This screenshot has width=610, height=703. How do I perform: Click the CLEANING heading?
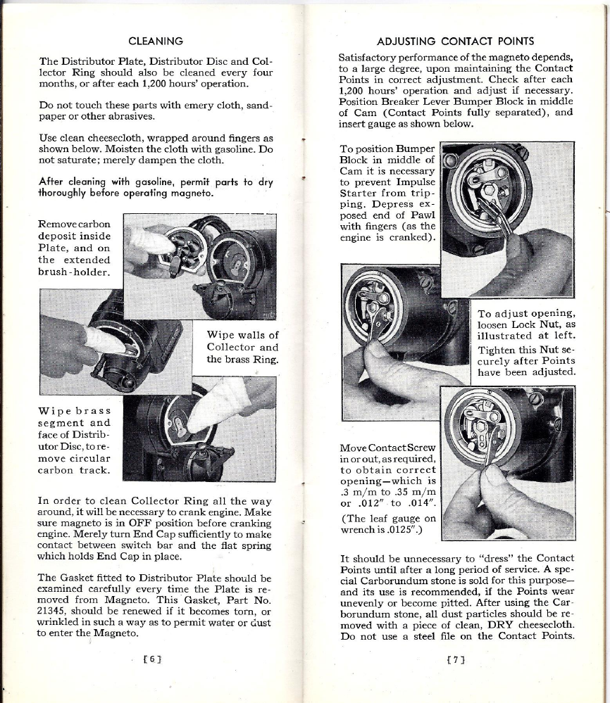pyautogui.click(x=156, y=42)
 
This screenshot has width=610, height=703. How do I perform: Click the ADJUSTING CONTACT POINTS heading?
pyautogui.click(x=456, y=42)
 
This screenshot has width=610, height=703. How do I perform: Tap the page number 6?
pyautogui.click(x=152, y=659)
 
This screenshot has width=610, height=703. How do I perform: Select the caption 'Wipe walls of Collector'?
pyautogui.click(x=242, y=347)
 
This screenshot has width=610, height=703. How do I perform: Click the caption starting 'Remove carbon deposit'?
pyautogui.click(x=75, y=248)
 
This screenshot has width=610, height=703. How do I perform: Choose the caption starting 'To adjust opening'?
pyautogui.click(x=525, y=343)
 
